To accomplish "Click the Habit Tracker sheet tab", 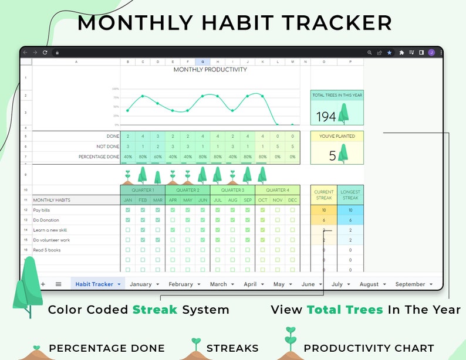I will (x=94, y=284).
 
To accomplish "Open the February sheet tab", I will (x=181, y=284).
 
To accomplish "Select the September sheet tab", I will (x=410, y=284).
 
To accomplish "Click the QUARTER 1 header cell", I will (x=143, y=190).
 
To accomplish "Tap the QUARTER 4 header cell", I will (x=277, y=190).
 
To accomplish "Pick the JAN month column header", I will (x=128, y=200).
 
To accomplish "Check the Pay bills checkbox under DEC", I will (x=292, y=210).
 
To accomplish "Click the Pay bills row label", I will (x=42, y=210).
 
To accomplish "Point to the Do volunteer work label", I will (x=52, y=240).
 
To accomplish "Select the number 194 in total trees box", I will (x=326, y=117).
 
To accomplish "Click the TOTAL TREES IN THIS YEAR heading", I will (x=337, y=95).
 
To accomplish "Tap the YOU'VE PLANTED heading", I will (x=337, y=136).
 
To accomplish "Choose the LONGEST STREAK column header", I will (x=350, y=195).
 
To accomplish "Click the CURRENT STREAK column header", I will (x=324, y=195).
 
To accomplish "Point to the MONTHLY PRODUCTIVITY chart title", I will (x=210, y=70).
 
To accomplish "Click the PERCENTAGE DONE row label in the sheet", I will (x=99, y=157).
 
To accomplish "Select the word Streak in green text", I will (x=154, y=310).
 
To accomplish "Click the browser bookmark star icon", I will (x=389, y=53).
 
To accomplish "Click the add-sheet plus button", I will (x=43, y=284).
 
